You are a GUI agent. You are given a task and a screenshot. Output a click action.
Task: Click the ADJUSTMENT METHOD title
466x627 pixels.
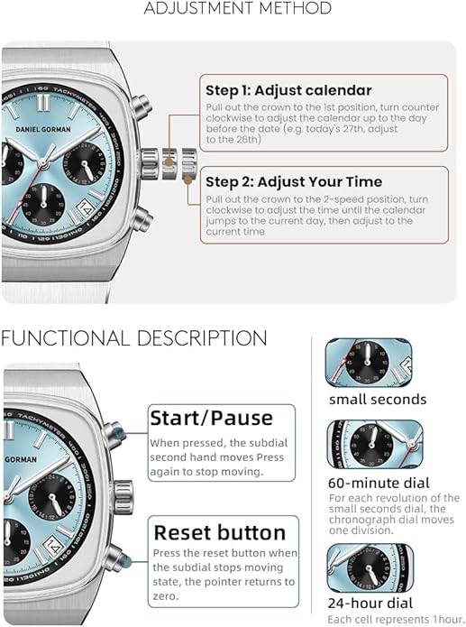pyautogui.click(x=237, y=8)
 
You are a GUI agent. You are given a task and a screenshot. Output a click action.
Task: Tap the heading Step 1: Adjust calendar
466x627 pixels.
pyautogui.click(x=288, y=90)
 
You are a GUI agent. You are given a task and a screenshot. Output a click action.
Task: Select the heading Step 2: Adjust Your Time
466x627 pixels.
pyautogui.click(x=294, y=182)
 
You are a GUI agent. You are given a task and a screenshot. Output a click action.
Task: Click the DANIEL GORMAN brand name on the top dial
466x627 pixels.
pyautogui.click(x=43, y=129)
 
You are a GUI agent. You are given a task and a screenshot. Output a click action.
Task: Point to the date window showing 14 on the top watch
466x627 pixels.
pyautogui.click(x=85, y=207)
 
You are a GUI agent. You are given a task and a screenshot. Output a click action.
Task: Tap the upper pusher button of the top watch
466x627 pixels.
pyautogui.click(x=142, y=106)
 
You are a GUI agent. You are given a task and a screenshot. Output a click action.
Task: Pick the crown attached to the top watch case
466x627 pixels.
pyautogui.click(x=150, y=163)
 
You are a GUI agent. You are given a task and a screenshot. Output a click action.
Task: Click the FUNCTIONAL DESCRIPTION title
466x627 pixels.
pyautogui.click(x=134, y=338)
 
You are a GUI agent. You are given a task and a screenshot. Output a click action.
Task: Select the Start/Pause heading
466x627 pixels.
pyautogui.click(x=212, y=419)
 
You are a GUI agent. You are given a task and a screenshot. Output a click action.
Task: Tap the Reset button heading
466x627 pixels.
pyautogui.click(x=219, y=532)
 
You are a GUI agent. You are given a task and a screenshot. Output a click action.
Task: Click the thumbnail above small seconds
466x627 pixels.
pyautogui.click(x=369, y=363)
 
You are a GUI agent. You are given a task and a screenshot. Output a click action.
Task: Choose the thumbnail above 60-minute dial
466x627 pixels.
pyautogui.click(x=375, y=444)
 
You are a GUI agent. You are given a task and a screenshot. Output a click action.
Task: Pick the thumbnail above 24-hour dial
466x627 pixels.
pyautogui.click(x=370, y=568)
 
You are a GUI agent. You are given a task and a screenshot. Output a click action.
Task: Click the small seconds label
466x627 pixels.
pyautogui.click(x=378, y=399)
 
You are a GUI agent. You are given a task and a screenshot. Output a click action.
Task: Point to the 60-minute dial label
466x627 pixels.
pyautogui.click(x=379, y=483)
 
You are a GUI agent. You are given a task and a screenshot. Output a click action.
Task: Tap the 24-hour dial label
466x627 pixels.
pyautogui.click(x=370, y=603)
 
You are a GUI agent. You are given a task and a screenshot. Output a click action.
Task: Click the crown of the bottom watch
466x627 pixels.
pyautogui.click(x=123, y=498)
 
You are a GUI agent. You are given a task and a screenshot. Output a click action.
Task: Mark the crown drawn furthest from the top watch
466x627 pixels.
pyautogui.click(x=189, y=164)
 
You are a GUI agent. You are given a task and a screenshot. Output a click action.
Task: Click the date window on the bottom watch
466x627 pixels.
pyautogui.click(x=54, y=546)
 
